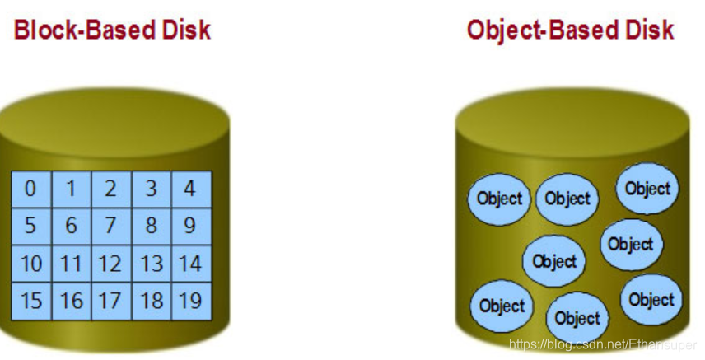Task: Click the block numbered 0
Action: (x=31, y=189)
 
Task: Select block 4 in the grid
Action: (x=191, y=189)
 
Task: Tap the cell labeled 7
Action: (x=110, y=226)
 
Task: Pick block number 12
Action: (x=110, y=264)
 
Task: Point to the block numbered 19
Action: (x=191, y=301)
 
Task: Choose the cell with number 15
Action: (x=31, y=301)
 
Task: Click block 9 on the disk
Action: (x=191, y=226)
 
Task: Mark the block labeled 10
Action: (x=31, y=264)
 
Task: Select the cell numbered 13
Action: (x=152, y=264)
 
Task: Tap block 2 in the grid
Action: (x=110, y=189)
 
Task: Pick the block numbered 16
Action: (x=71, y=301)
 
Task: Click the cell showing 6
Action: (x=71, y=226)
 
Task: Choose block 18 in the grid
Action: (x=152, y=301)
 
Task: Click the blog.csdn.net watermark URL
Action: (x=604, y=344)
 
